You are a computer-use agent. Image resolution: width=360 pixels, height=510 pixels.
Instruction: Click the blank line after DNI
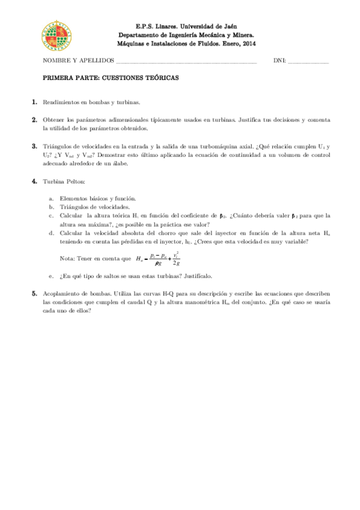(308, 62)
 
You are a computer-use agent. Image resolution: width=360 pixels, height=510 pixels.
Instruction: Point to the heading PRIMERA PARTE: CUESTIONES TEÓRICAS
(111, 78)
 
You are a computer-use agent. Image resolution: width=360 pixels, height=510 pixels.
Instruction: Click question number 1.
(35, 103)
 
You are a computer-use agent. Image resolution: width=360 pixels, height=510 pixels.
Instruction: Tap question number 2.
(35, 120)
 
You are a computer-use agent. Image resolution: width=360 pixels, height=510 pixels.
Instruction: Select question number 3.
(35, 146)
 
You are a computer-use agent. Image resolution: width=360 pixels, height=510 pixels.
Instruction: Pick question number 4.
(35, 180)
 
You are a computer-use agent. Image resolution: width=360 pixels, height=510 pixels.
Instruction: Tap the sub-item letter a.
(52, 198)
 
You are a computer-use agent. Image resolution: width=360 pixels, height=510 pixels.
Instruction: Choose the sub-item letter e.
(52, 276)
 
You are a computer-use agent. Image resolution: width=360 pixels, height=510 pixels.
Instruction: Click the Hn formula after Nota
(158, 259)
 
